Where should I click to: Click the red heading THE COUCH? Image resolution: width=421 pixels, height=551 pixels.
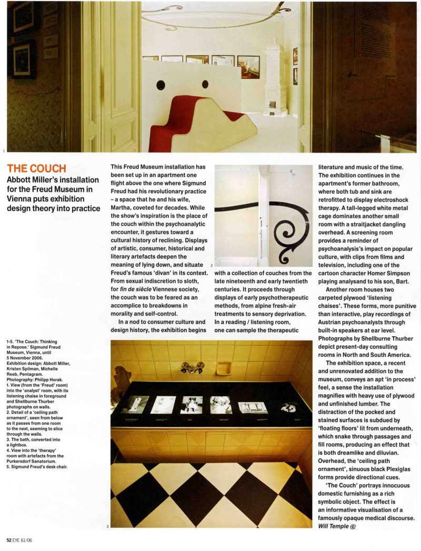[x=36, y=169]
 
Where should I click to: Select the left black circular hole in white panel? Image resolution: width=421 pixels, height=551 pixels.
[x=161, y=85]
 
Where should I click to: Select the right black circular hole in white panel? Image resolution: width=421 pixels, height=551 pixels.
[x=205, y=84]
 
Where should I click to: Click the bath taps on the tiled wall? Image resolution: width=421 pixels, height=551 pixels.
[x=191, y=367]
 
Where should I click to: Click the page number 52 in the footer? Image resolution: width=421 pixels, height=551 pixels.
[x=9, y=539]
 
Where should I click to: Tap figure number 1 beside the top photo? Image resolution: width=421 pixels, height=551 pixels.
[x=4, y=151]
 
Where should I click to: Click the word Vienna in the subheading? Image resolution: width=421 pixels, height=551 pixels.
[x=21, y=198]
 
